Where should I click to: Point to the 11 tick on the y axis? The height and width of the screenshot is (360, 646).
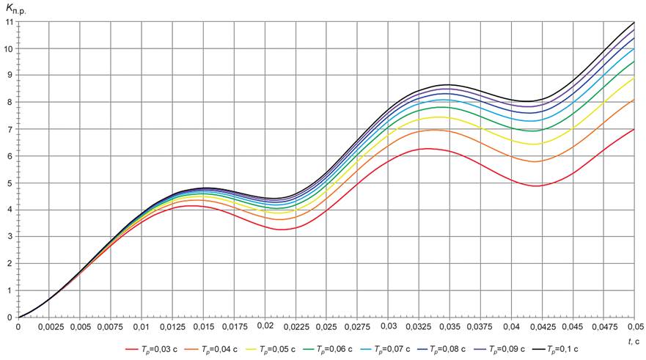click(x=8, y=22)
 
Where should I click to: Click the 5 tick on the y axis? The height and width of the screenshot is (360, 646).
click(x=10, y=183)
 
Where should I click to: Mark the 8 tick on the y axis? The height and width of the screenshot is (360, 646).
click(x=10, y=103)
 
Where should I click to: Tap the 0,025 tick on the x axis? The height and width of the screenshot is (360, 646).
click(x=326, y=326)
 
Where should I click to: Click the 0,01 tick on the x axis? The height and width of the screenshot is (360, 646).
click(x=142, y=326)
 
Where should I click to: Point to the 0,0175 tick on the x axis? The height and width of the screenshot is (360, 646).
click(x=234, y=326)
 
